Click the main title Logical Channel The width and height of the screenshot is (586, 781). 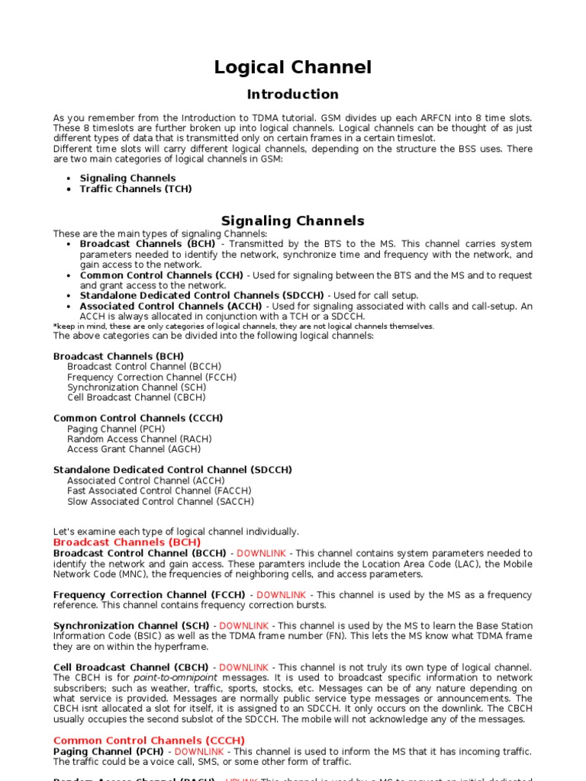(x=292, y=68)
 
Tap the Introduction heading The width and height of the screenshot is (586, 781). (x=292, y=95)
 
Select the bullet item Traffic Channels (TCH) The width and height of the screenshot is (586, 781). (x=135, y=188)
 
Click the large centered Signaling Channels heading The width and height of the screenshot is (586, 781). (x=292, y=221)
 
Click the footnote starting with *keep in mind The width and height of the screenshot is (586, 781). (x=243, y=326)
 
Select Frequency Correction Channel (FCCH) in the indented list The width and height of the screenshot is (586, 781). (x=151, y=377)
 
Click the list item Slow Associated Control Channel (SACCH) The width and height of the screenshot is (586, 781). (x=160, y=501)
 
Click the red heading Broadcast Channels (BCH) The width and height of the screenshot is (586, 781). (x=127, y=542)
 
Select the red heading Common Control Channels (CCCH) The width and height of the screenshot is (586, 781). (x=149, y=741)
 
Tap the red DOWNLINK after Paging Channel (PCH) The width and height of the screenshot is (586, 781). (x=199, y=751)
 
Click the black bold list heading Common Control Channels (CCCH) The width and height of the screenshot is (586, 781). (x=138, y=418)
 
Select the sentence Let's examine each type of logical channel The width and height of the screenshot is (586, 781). (x=175, y=532)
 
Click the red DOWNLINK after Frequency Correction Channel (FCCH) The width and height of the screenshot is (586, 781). (x=281, y=594)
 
